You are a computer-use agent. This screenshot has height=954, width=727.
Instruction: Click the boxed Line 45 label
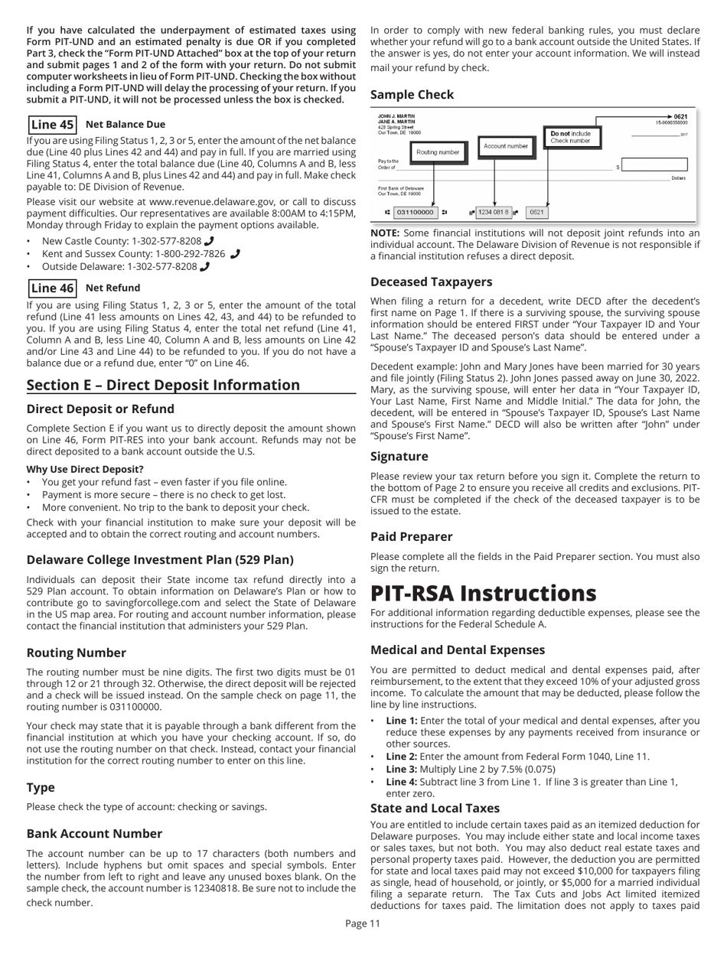52,124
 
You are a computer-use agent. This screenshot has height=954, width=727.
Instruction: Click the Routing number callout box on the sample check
438,152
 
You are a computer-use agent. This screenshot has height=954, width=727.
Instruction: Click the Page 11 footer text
363,945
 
